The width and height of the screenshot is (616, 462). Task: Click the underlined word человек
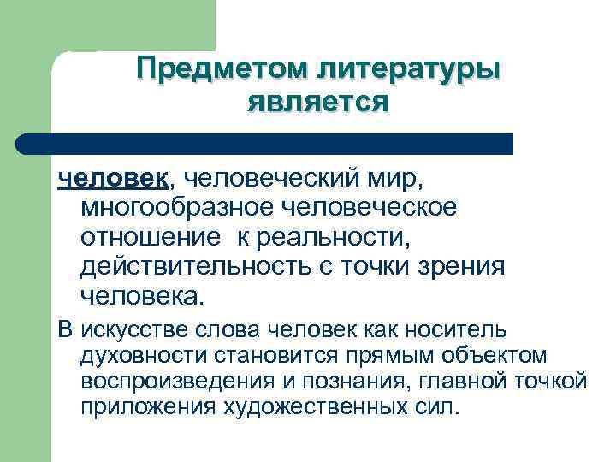click(114, 179)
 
